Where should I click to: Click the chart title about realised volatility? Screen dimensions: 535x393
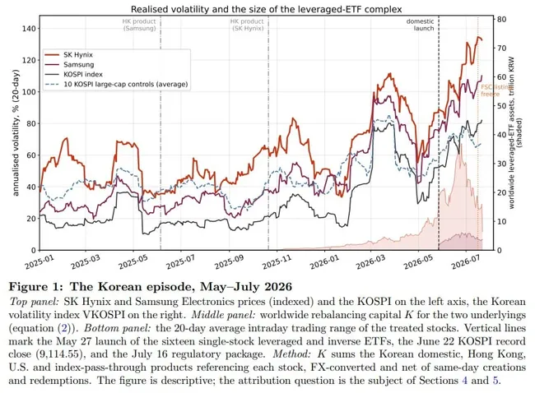coord(266,9)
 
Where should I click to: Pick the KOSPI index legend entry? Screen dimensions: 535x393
coord(74,74)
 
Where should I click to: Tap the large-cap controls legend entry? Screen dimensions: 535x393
coord(116,84)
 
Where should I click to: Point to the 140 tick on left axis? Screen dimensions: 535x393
coord(29,28)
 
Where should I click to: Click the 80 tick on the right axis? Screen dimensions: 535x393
coord(501,19)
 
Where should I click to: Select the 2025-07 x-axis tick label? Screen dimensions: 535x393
coord(180,261)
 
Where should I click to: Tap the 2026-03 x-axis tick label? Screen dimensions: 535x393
coord(370,261)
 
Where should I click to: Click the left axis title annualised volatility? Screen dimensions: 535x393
coord(16,132)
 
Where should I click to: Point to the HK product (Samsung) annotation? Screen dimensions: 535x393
coord(139,25)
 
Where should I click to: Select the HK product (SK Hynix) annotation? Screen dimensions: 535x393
coord(247,25)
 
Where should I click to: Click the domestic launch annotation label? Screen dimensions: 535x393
coord(420,25)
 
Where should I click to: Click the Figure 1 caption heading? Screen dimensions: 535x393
coord(151,287)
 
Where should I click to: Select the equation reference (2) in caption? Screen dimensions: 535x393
coord(65,328)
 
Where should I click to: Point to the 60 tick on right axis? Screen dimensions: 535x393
coord(501,77)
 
